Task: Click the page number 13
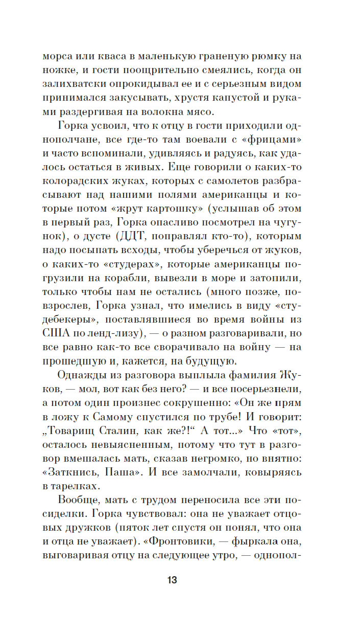172,580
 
